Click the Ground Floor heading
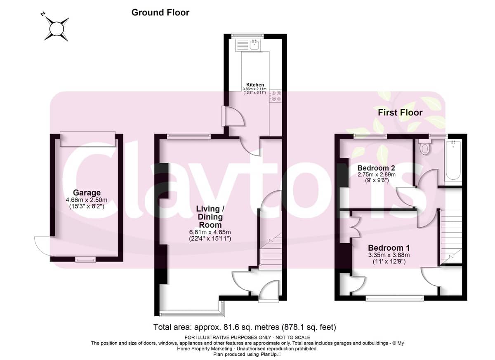(x=160, y=12)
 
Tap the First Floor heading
(x=400, y=113)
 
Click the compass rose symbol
(x=57, y=29)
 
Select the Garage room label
(x=87, y=193)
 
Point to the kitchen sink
(x=255, y=45)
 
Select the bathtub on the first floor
(x=453, y=160)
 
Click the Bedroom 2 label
(x=376, y=168)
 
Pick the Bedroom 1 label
(x=389, y=248)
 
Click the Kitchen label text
(x=255, y=85)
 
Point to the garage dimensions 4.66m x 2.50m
(x=87, y=200)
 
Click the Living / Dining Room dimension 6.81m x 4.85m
(x=210, y=232)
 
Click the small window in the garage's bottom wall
(x=85, y=259)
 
